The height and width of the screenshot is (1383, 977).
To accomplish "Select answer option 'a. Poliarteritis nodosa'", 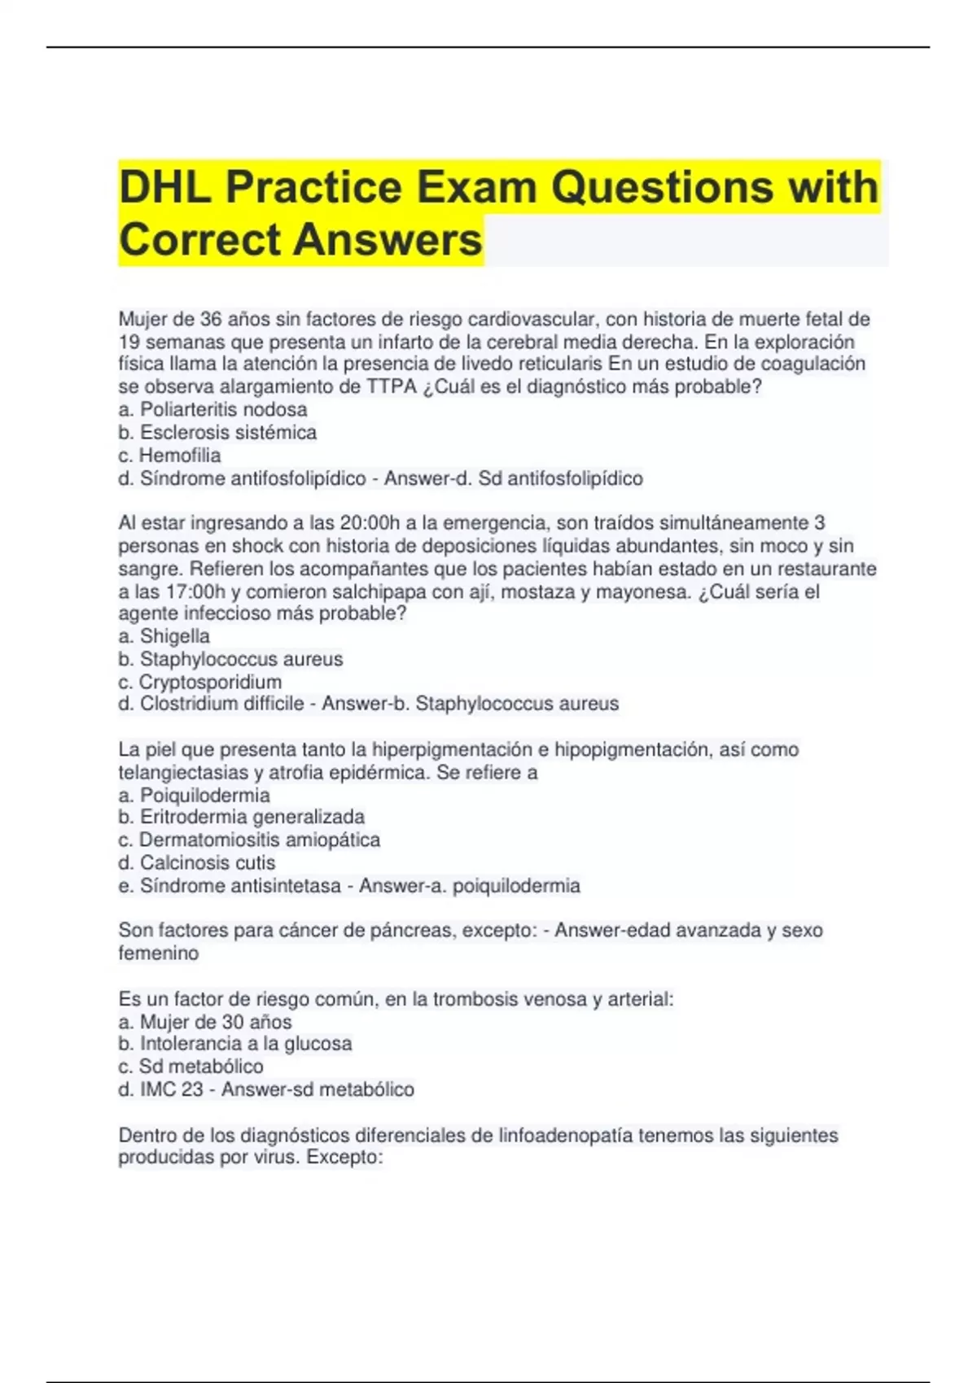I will click(x=212, y=409).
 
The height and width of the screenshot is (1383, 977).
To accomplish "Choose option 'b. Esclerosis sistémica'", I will click(x=217, y=432).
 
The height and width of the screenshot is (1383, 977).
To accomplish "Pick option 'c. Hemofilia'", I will click(x=169, y=455).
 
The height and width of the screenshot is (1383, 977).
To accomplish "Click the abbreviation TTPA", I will click(x=391, y=386).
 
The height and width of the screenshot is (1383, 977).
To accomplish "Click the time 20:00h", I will click(x=380, y=522).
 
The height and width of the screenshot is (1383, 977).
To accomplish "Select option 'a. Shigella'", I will click(x=164, y=636).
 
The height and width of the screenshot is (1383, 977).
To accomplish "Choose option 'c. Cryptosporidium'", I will click(x=200, y=682).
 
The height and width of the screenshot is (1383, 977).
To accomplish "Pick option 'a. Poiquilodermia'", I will click(x=194, y=795).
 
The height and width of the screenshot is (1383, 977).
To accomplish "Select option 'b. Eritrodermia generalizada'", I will click(x=241, y=817).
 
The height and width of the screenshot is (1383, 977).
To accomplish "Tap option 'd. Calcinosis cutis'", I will click(x=196, y=862).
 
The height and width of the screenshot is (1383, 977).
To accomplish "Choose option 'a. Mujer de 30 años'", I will click(x=204, y=1022).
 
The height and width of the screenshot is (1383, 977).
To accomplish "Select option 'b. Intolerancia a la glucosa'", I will click(x=234, y=1044).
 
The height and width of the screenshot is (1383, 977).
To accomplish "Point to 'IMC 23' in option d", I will click(x=171, y=1089).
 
